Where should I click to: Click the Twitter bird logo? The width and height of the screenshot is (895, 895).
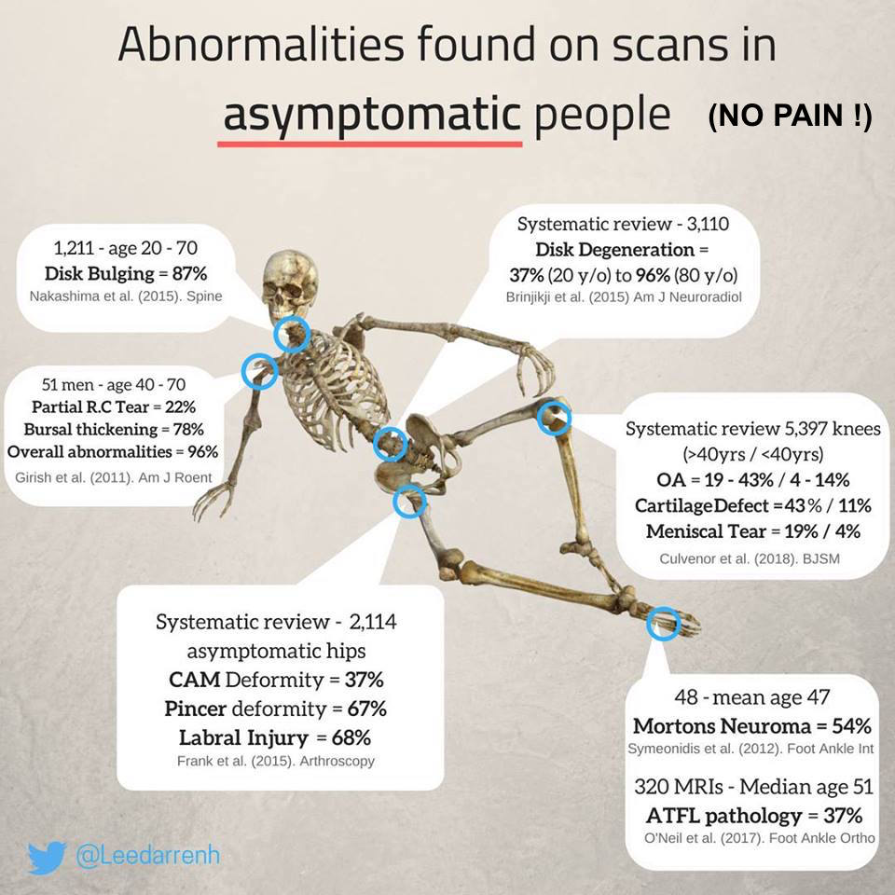[47, 857]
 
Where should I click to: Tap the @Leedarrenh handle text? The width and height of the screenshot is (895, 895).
[148, 856]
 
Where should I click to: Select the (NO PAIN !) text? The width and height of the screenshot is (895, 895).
[790, 116]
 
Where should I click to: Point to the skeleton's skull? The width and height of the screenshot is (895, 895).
[290, 283]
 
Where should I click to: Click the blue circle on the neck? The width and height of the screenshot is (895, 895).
[292, 334]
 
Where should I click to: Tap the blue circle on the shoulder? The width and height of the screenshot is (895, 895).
[260, 372]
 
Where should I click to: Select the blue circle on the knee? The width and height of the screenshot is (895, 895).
[554, 418]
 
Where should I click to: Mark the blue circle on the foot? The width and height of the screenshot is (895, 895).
[665, 624]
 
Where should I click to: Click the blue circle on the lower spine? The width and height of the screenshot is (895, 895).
[391, 443]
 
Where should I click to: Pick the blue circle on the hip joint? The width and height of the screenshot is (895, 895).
[410, 501]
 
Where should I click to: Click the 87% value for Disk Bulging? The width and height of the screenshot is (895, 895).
[189, 273]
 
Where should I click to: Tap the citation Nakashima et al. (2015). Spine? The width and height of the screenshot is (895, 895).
[126, 296]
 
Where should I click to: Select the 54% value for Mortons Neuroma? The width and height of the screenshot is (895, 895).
[851, 726]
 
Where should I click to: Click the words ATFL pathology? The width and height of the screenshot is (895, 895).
[723, 816]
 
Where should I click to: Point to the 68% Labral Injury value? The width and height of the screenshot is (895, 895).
[351, 737]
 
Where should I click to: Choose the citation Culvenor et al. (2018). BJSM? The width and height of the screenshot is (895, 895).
[750, 558]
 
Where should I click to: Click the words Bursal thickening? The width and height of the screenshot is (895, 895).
[90, 429]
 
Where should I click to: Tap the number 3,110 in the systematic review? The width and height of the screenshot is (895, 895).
[708, 224]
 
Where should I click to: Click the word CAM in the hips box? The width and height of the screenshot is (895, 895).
[195, 680]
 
